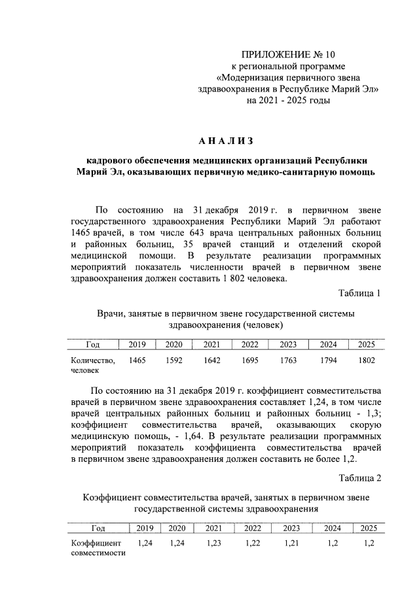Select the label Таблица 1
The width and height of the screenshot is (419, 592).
coord(359,292)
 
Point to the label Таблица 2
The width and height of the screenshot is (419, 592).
coord(359,477)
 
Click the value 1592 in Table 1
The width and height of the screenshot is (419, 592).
coord(173,360)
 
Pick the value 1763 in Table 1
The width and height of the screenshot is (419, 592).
coord(288,360)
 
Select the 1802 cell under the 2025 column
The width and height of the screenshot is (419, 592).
coord(367,360)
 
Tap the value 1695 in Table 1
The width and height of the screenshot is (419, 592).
coord(249,360)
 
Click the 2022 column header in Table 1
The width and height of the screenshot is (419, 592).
coord(249,345)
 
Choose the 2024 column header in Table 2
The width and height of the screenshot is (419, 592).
coord(332,529)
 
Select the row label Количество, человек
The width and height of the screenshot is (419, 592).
coord(92,365)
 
